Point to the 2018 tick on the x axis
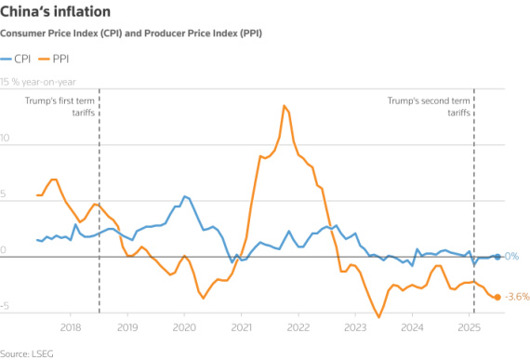point(71,327)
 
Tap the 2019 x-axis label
point(127,327)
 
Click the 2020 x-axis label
point(184,327)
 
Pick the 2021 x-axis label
point(242,327)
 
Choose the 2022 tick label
point(298,327)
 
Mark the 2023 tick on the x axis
point(355,327)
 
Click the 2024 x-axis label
point(413,327)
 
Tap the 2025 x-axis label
point(470,327)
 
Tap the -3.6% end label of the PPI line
point(517,297)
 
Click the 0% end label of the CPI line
point(510,257)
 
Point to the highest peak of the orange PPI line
point(283,106)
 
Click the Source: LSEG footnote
point(27,352)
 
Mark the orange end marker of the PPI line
point(497,297)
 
